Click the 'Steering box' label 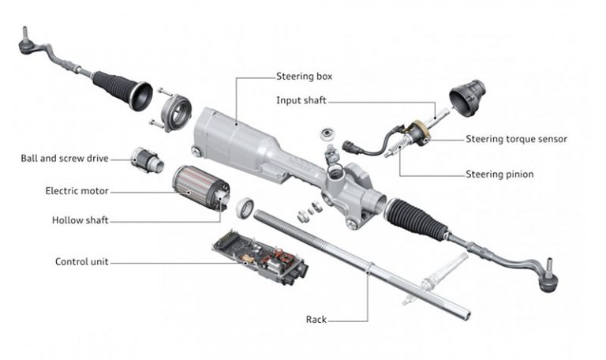pos(304,77)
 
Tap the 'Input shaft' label pos(301,100)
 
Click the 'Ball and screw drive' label pos(65,158)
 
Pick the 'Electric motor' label pos(77,190)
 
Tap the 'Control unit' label pos(82,261)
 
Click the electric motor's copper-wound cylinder pos(196,190)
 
